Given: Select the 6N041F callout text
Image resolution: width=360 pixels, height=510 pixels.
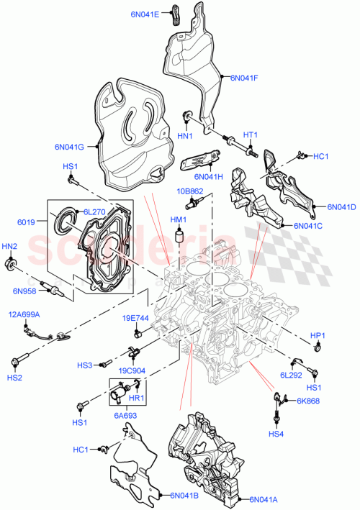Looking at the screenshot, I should pos(246,78).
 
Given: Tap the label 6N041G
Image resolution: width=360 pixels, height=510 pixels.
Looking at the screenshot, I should pos(70,147).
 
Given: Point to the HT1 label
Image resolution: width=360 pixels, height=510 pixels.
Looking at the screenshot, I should pos(249,135).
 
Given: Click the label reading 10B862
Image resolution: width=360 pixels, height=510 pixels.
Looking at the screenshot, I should pos(191,191).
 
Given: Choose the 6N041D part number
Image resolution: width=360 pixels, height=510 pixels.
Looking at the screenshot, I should pos(341,207).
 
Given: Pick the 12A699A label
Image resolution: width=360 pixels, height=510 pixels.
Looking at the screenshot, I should pos(24,314).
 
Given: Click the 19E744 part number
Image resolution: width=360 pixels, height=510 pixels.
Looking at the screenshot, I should pos(135,318).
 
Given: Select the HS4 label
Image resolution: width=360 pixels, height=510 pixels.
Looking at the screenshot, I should pos(276,434).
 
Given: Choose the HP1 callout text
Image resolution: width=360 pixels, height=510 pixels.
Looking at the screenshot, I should pos(318,335).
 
